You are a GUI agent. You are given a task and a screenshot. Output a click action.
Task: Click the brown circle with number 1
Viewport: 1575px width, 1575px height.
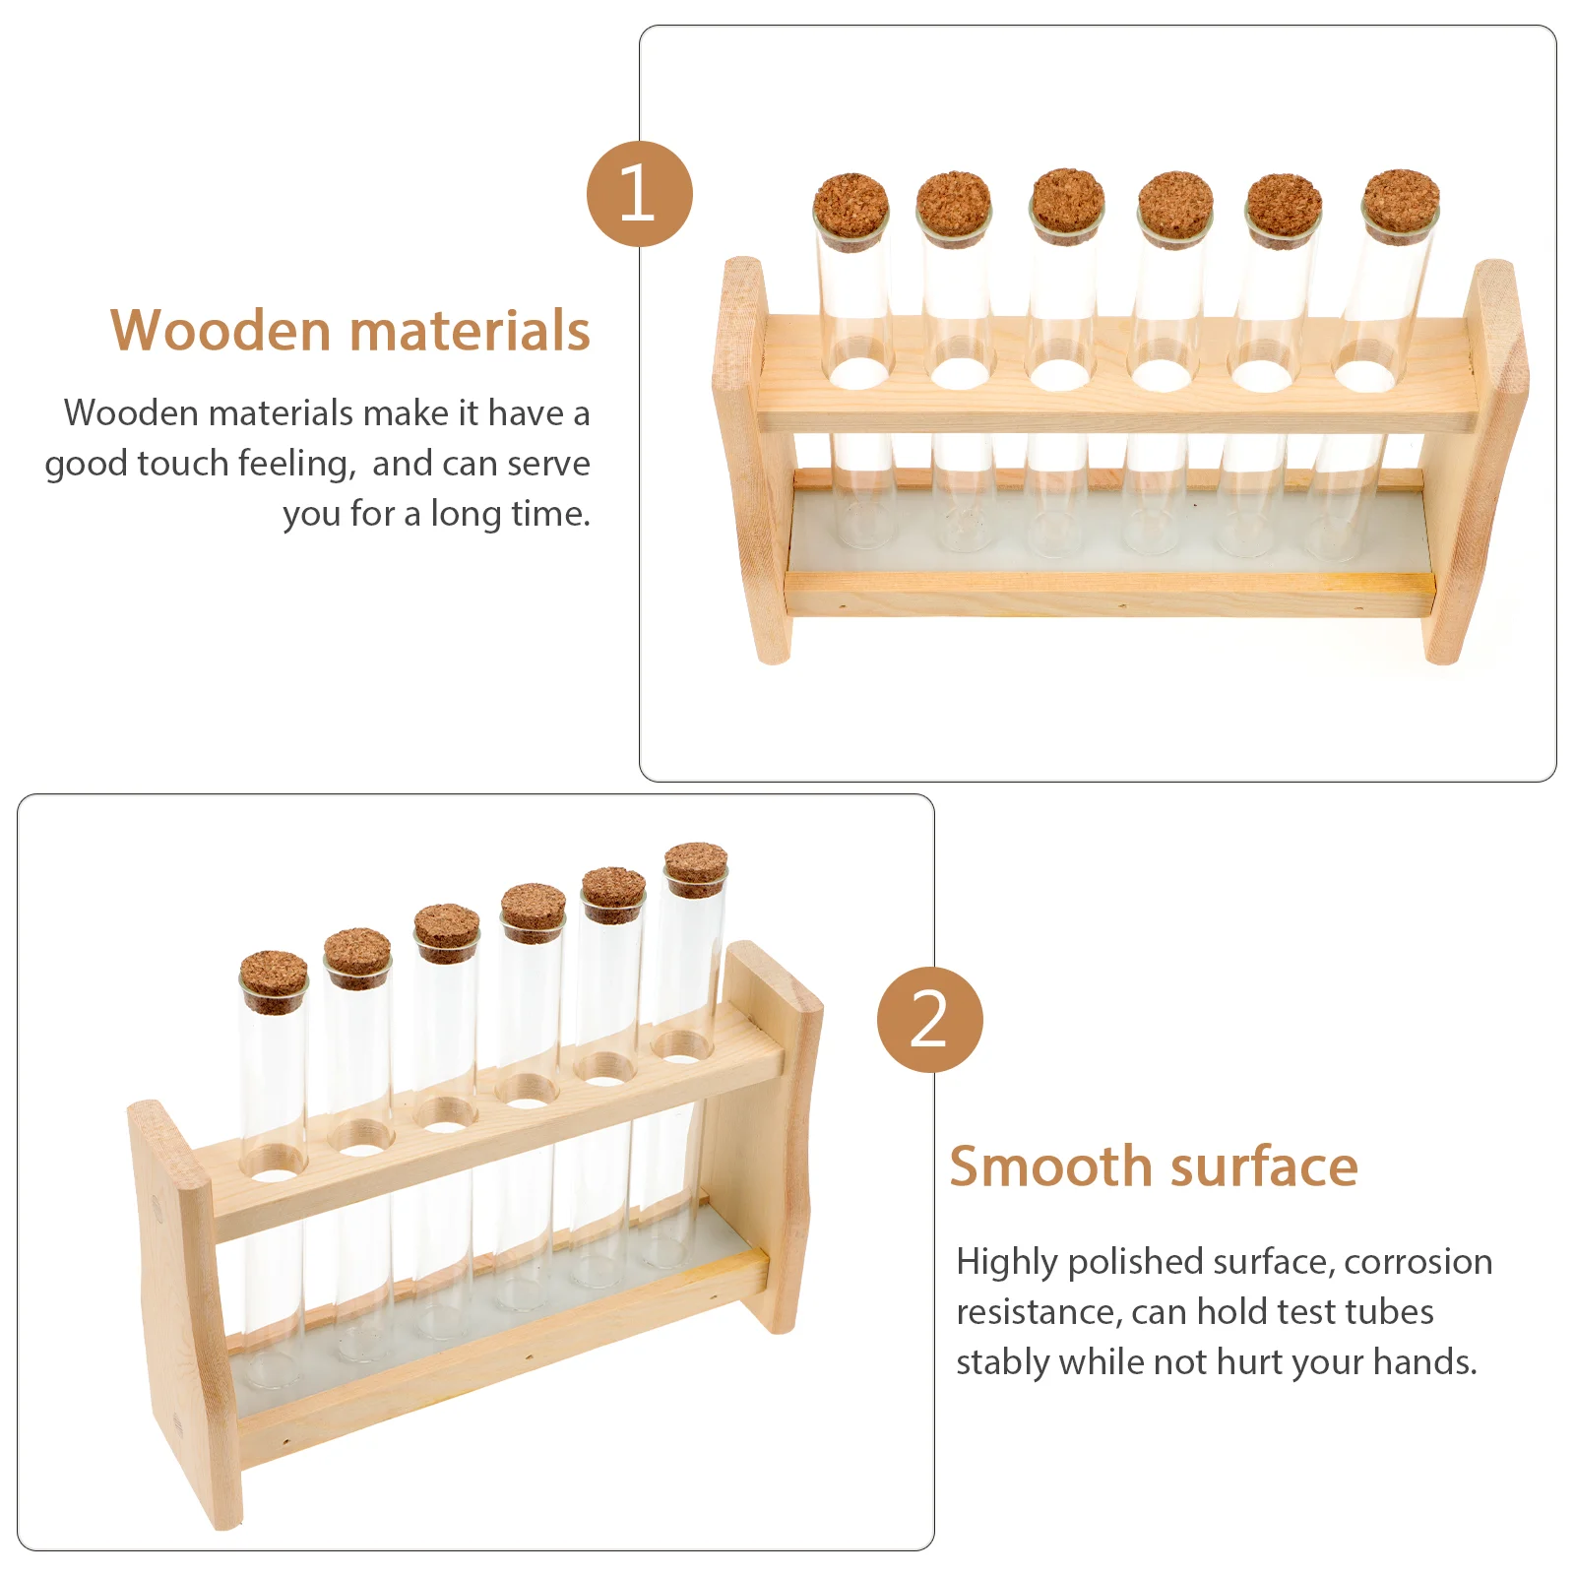click(x=639, y=194)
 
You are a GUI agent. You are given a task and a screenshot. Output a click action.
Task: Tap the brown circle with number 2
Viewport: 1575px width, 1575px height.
click(x=929, y=1019)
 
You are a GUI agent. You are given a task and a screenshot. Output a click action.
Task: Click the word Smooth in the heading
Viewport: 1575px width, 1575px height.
click(x=1050, y=1168)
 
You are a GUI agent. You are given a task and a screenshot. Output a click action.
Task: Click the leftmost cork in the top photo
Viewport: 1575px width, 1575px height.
click(x=851, y=208)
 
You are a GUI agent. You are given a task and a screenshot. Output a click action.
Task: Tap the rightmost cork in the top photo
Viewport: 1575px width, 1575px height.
click(x=1400, y=202)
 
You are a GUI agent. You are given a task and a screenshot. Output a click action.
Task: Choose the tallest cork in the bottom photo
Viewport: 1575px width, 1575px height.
click(x=695, y=866)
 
